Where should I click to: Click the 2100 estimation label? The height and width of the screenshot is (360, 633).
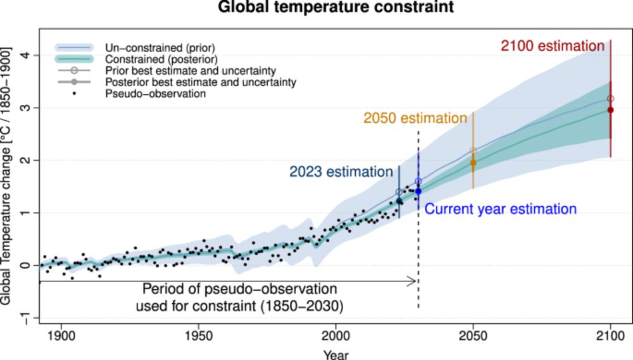[x=553, y=46]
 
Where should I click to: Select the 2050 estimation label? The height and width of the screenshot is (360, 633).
[x=415, y=118]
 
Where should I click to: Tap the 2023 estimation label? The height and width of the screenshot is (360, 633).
[x=341, y=171]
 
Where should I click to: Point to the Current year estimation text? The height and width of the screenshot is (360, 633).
[x=500, y=209]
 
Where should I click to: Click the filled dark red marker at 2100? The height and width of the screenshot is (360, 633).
[x=610, y=110]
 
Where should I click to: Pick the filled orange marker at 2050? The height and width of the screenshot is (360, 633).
[x=473, y=163]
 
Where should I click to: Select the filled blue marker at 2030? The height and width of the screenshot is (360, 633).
[x=418, y=190]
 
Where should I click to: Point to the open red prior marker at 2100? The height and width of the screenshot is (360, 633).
[x=610, y=99]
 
